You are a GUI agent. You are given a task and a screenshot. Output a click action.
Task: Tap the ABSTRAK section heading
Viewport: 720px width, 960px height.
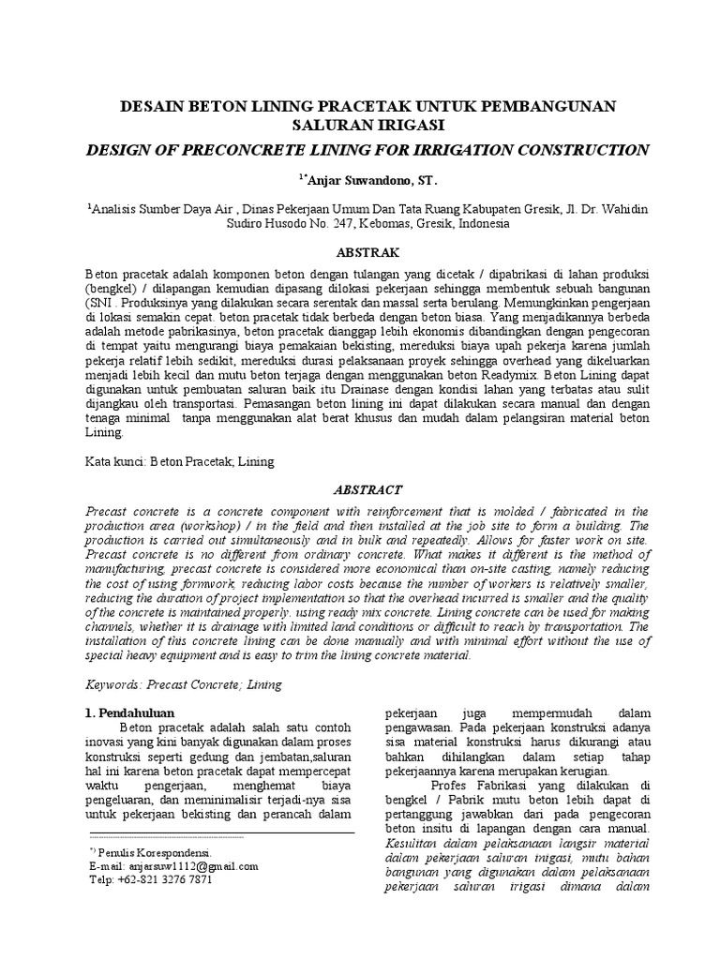(x=361, y=253)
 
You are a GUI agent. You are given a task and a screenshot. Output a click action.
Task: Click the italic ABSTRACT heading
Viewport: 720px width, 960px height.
(x=361, y=489)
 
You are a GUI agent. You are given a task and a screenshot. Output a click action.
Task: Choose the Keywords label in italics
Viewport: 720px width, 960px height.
(x=115, y=684)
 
